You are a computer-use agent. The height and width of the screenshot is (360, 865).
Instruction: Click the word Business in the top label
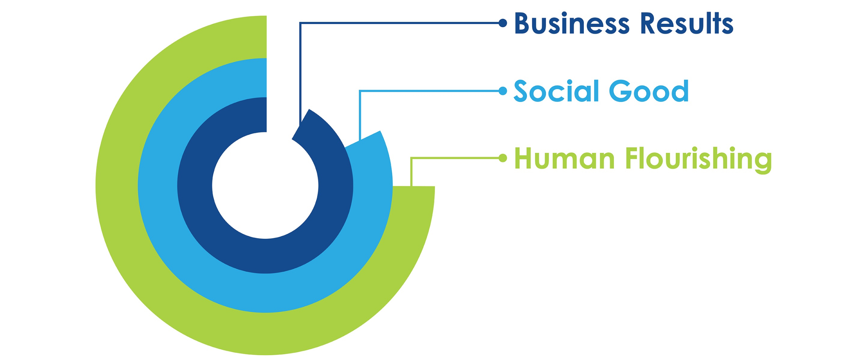pyautogui.click(x=571, y=23)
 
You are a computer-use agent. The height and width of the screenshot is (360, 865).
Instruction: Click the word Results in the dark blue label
pyautogui.click(x=686, y=23)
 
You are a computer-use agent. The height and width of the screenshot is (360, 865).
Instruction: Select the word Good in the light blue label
pyautogui.click(x=648, y=91)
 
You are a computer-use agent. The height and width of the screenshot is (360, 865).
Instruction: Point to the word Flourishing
pyautogui.click(x=698, y=159)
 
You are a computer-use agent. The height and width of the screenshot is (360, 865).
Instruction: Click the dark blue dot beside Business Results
pyautogui.click(x=503, y=23)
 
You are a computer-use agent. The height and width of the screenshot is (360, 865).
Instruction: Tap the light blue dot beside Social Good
pyautogui.click(x=503, y=91)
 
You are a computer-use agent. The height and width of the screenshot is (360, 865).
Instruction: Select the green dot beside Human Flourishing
pyautogui.click(x=503, y=158)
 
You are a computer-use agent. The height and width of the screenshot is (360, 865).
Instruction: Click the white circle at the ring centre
pyautogui.click(x=265, y=185)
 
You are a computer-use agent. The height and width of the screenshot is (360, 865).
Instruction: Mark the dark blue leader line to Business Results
pyautogui.click(x=399, y=23)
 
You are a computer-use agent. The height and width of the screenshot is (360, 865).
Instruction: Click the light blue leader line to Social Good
pyautogui.click(x=429, y=91)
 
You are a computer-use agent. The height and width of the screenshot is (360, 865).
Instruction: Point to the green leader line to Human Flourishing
pyautogui.click(x=456, y=158)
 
